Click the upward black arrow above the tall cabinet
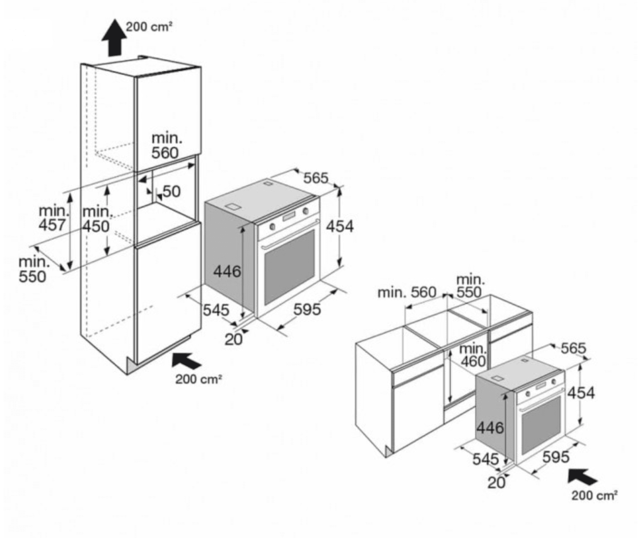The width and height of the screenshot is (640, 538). pos(114,38)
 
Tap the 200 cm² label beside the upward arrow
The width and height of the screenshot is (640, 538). pos(149,27)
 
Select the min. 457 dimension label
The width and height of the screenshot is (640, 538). pos(52,218)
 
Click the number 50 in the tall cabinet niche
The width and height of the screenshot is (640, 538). pos(172,192)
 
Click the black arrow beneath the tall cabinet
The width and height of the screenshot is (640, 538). pos(186,361)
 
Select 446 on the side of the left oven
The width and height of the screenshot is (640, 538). pos(227,271)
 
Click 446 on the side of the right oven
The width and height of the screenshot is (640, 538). pos(490,428)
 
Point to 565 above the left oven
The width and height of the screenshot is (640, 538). pos(316,178)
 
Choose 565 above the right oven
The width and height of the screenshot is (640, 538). pos(573,348)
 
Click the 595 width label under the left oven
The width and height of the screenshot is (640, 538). pos(307,309)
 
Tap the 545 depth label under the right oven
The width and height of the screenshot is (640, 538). pos(486,459)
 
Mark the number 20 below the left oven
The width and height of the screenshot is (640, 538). pos(234,340)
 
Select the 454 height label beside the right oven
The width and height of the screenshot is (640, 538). pos(581,393)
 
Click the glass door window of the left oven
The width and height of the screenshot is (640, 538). pos(289,267)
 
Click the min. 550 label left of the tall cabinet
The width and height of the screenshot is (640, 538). pos(33,269)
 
